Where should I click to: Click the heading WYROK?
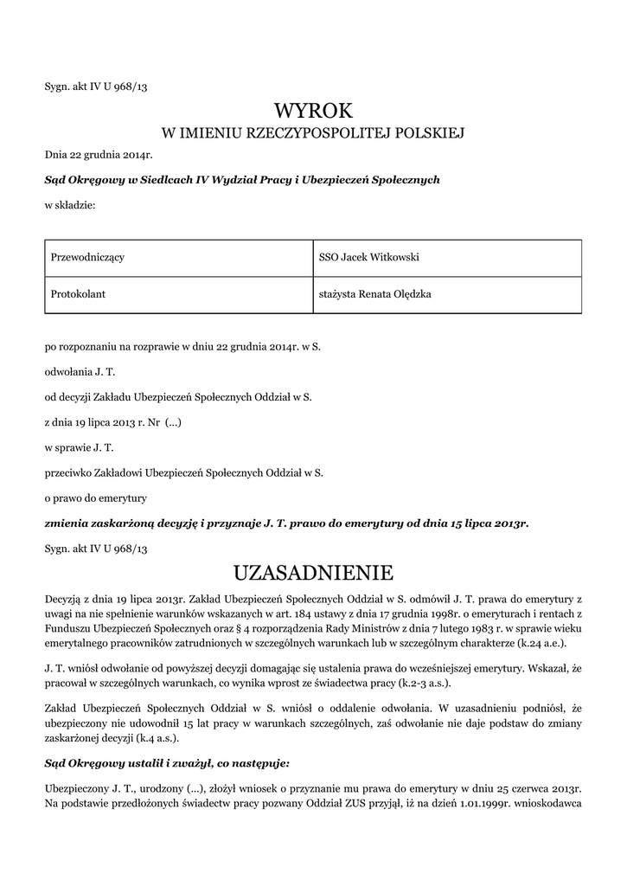[x=313, y=111]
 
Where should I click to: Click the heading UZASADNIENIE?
[x=313, y=573]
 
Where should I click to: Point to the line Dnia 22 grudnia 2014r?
[x=99, y=156]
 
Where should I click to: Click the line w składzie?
[x=70, y=206]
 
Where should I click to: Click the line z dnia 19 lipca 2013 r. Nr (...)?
[x=113, y=423]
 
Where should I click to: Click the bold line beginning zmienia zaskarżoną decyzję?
[x=286, y=523]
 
